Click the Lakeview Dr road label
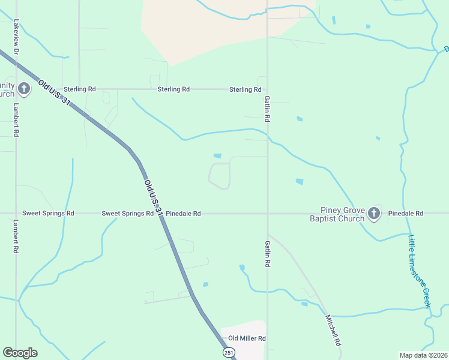click(x=17, y=37)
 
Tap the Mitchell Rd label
click(x=333, y=331)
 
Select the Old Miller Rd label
click(x=247, y=338)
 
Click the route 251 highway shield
click(x=228, y=353)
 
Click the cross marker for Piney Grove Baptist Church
click(x=373, y=213)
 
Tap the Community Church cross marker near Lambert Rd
click(x=23, y=89)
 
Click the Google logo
click(x=20, y=353)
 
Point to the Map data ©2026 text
click(x=423, y=355)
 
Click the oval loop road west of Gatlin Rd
click(x=220, y=176)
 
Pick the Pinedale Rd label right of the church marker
click(x=406, y=214)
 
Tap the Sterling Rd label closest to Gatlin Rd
click(x=245, y=89)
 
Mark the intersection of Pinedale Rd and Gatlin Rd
click(x=267, y=213)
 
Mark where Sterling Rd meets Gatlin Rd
click(x=267, y=89)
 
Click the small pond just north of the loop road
click(x=217, y=156)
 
